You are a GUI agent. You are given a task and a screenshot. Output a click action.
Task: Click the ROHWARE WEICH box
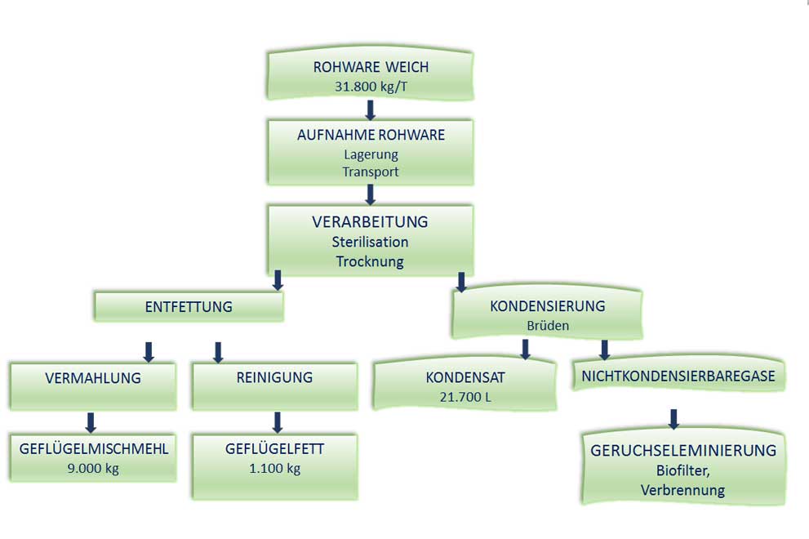click(370, 74)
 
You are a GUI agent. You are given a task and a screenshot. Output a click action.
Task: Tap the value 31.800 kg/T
click(370, 85)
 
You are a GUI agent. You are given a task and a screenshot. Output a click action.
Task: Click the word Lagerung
click(371, 154)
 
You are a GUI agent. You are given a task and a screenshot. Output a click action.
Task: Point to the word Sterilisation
click(370, 242)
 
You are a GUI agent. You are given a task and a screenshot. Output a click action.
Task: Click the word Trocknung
click(370, 261)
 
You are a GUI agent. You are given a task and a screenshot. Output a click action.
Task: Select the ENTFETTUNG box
click(189, 307)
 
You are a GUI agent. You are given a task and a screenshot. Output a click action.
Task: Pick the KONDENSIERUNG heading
click(548, 306)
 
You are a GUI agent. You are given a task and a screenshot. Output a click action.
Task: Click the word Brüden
click(548, 325)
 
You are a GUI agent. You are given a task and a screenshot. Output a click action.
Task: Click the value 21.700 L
click(466, 398)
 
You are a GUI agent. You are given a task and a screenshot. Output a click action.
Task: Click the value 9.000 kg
click(93, 469)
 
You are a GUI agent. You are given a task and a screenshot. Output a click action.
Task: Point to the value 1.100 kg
click(274, 469)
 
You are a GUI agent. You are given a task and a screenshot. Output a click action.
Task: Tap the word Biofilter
click(683, 470)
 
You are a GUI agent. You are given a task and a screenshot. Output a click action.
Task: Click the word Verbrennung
click(683, 490)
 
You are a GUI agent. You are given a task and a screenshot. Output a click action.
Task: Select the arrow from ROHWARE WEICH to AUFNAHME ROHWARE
click(370, 109)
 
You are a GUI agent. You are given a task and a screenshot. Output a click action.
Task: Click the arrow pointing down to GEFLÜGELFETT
click(278, 421)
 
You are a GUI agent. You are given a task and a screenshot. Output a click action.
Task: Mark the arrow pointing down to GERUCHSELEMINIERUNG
click(673, 419)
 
